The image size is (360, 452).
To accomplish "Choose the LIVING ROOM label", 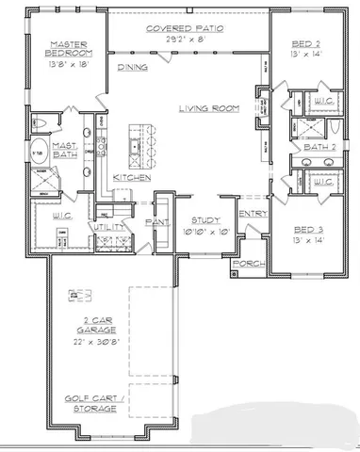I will point(210,109).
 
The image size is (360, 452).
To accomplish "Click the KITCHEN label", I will point(131,178).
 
